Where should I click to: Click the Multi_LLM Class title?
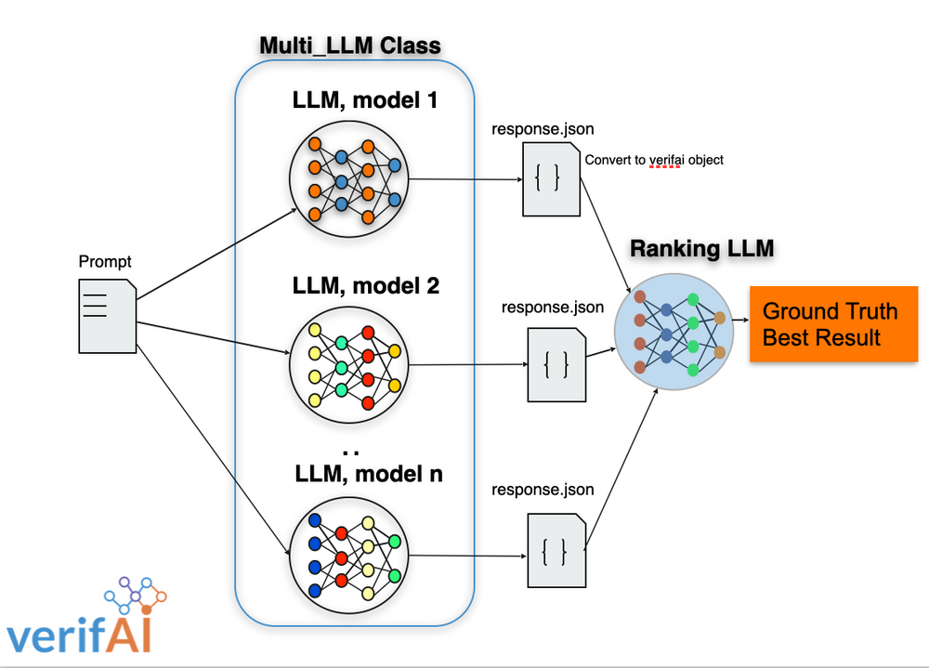pos(350,46)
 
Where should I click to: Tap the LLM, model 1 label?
pos(365,99)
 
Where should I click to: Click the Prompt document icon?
pos(107,316)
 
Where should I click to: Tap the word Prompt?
pos(106,262)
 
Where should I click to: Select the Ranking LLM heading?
pos(701,249)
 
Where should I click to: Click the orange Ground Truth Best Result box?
pos(832,323)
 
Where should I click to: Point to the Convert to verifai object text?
pos(653,160)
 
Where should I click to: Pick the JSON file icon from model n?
pos(556,550)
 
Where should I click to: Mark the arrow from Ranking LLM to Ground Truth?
pos(739,321)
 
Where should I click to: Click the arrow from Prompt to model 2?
pos(214,337)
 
